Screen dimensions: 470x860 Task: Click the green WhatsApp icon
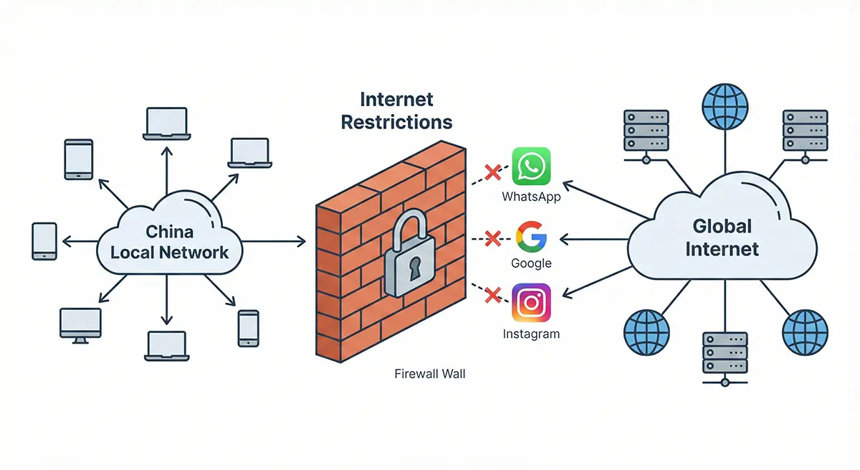[531, 167]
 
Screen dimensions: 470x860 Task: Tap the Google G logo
[531, 238]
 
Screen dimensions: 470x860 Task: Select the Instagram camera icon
[531, 303]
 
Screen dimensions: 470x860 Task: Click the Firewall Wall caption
[430, 374]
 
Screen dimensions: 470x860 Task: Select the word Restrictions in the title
[396, 122]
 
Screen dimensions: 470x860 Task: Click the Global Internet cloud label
[722, 238]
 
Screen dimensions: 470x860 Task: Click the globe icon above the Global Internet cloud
[725, 106]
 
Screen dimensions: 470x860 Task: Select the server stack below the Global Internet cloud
[725, 354]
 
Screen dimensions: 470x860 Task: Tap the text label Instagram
[531, 334]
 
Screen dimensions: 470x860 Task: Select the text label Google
[531, 263]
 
